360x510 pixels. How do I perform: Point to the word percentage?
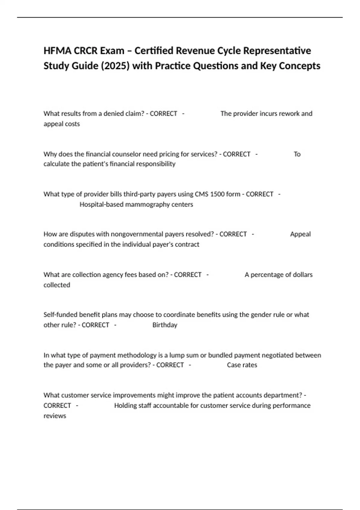click(x=266, y=275)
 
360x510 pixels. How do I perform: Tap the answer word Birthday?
click(x=165, y=325)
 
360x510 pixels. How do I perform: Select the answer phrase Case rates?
click(x=242, y=365)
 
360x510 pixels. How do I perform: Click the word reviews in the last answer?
click(x=55, y=416)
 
